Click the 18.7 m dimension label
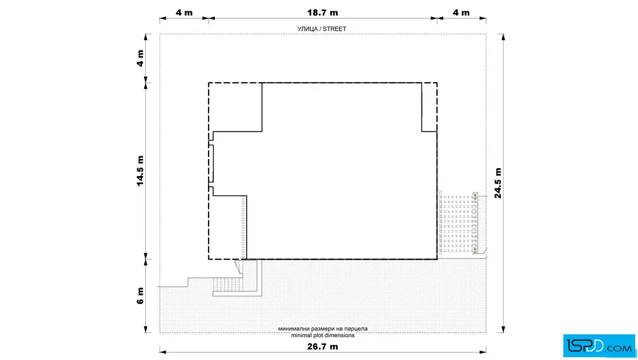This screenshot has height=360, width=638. pos(322,13)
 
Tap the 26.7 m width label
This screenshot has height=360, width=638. pos(322,346)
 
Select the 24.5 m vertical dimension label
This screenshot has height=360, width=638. pos(498,183)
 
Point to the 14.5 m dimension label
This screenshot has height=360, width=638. pos(140,171)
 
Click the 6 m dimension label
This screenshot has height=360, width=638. pos(140,296)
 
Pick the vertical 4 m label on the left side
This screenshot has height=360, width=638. pos(140,58)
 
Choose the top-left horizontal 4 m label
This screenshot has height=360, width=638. pos(184,13)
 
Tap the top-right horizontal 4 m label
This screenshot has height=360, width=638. pos(461,13)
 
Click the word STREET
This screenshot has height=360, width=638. pos(334,29)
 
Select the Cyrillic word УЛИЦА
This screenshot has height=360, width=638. pos(308,29)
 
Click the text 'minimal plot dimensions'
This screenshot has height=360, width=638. pos(322,335)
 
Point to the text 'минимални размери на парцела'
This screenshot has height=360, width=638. pos(322,329)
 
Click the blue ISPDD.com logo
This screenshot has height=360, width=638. pos(599,346)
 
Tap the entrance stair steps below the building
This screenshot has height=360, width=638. pos(228,284)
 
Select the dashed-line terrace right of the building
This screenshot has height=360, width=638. pos(457,224)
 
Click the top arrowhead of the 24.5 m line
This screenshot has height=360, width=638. pos(504,37)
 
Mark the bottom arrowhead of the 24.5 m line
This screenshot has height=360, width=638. pos(504,329)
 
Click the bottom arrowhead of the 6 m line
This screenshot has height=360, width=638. pos(146,329)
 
